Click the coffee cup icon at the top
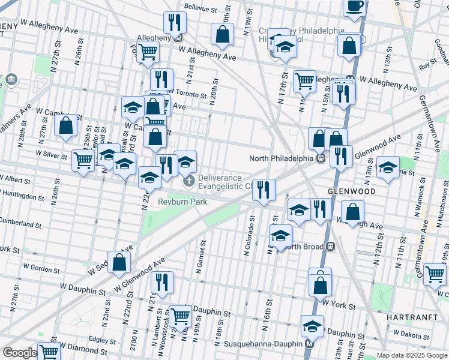(x=354, y=7)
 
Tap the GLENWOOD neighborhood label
(x=352, y=191)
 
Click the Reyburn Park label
(x=182, y=202)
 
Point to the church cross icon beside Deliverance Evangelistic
(x=188, y=181)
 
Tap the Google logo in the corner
(x=20, y=353)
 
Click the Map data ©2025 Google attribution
(x=411, y=355)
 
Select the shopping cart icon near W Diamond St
(x=48, y=352)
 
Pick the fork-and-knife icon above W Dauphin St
(x=162, y=281)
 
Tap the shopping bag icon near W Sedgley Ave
(x=120, y=262)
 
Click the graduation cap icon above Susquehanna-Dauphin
(x=312, y=326)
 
